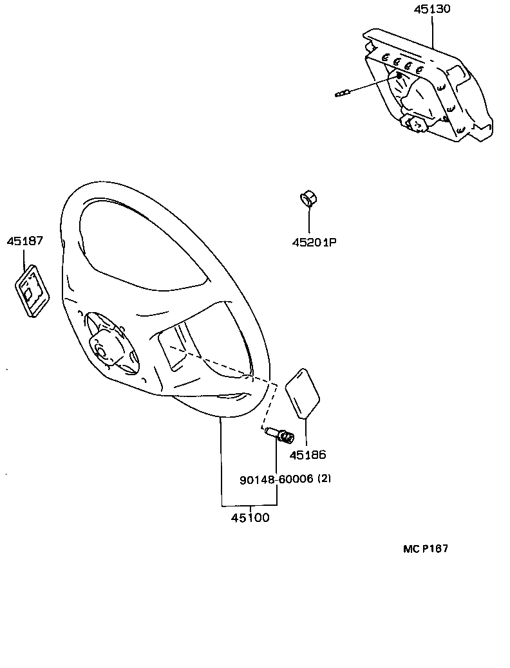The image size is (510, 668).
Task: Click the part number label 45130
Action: (431, 10)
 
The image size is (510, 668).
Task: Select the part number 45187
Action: (25, 241)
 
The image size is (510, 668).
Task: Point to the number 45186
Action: (308, 455)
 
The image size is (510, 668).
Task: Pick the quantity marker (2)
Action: (325, 479)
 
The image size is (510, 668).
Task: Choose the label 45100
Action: (250, 517)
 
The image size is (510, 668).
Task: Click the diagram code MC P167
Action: (425, 549)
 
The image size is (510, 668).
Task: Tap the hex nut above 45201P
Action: (308, 199)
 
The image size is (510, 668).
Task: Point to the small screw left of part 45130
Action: (343, 95)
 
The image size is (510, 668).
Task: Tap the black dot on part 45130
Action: (399, 76)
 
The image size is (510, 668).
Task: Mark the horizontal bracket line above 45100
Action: (249, 504)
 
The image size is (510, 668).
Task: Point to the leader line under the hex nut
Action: (308, 221)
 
